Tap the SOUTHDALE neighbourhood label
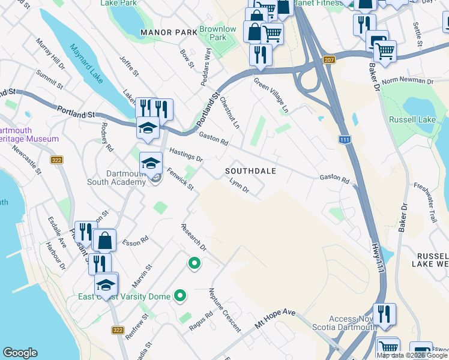[x=250, y=171]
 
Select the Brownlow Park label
[x=218, y=33]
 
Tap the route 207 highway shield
[x=328, y=60]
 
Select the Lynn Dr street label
[x=239, y=187]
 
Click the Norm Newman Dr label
[x=408, y=81]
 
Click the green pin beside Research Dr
[x=194, y=263]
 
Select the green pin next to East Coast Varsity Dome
[x=179, y=295]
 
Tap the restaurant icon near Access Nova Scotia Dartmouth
[x=384, y=314]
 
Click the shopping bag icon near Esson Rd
[x=104, y=240]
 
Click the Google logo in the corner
[x=20, y=353]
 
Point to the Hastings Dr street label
[x=185, y=154]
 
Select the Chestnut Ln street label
[x=230, y=112]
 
